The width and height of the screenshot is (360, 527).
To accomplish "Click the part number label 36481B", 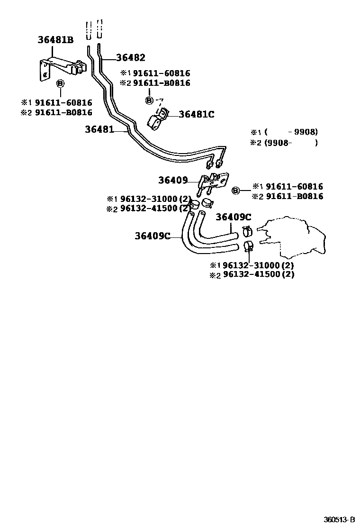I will click(55, 40).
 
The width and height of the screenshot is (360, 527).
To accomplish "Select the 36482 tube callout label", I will click(130, 58).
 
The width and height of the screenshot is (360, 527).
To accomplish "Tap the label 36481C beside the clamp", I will click(197, 114).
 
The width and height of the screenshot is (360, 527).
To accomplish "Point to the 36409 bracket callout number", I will click(173, 180).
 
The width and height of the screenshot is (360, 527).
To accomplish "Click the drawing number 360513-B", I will click(339, 518).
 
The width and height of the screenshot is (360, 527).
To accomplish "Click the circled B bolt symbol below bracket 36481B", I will click(60, 84).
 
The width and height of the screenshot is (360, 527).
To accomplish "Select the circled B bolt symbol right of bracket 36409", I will click(235, 191).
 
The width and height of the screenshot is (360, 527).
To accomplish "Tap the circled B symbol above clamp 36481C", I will click(149, 100).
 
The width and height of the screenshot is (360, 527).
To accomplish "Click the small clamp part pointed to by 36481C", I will click(159, 118).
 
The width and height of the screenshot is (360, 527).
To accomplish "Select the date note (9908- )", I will click(284, 142).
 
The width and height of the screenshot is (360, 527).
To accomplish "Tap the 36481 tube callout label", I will click(99, 129).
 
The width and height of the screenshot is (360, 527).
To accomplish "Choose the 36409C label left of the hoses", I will click(152, 236).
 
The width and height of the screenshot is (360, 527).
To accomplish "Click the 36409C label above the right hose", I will click(233, 217).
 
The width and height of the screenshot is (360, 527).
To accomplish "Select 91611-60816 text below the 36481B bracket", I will click(63, 103).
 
